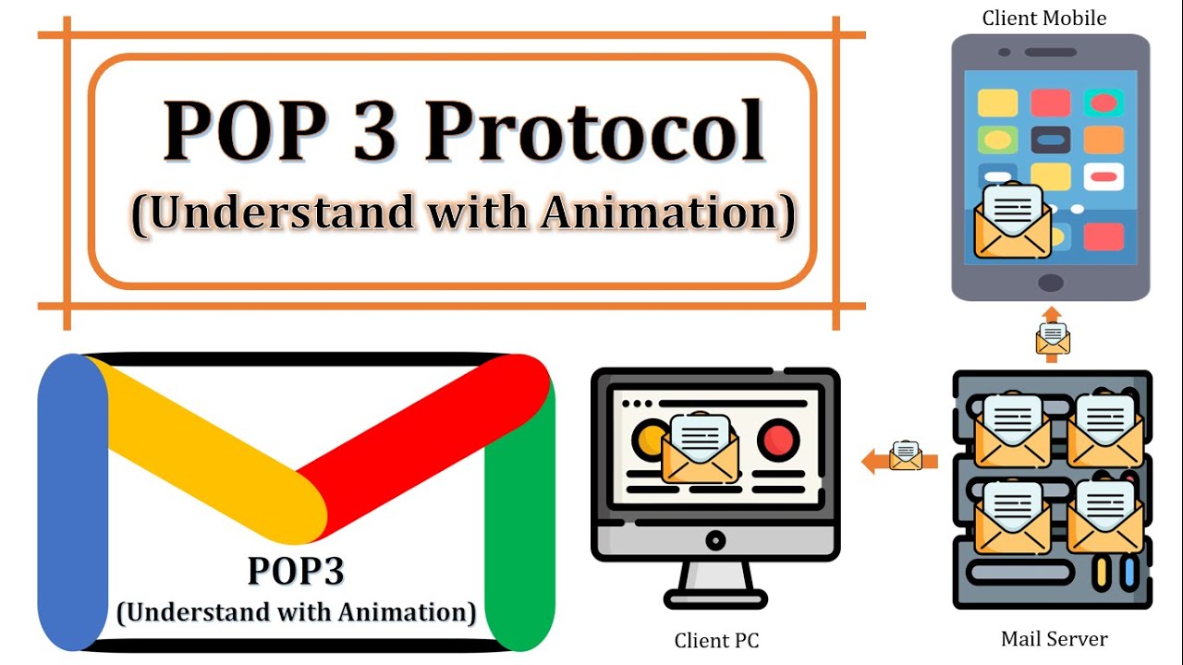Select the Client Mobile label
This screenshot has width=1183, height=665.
click(x=1043, y=18)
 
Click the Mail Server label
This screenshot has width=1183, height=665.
click(x=1054, y=638)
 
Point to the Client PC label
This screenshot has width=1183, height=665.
click(x=716, y=640)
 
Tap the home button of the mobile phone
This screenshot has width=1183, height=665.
click(x=1050, y=282)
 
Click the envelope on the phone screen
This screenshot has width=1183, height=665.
click(x=1012, y=222)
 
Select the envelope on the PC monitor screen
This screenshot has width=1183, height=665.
click(x=701, y=449)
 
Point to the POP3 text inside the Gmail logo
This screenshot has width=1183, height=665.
click(x=296, y=572)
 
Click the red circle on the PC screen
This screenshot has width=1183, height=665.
click(x=778, y=440)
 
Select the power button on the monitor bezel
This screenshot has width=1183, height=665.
click(x=714, y=538)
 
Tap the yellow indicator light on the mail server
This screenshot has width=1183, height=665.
click(x=1100, y=573)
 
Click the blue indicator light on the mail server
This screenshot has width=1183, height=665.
click(x=1128, y=573)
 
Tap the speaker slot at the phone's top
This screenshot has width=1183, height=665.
click(x=1051, y=53)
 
